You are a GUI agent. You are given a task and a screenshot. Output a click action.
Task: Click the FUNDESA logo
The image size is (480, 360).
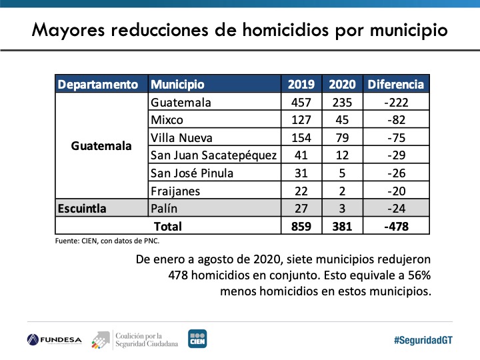pyautogui.click(x=55, y=339)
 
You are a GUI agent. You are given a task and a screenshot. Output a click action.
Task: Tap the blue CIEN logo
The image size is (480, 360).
pyautogui.click(x=197, y=339)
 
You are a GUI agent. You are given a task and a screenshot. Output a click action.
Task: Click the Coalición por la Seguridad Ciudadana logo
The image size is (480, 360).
pyautogui.click(x=136, y=339)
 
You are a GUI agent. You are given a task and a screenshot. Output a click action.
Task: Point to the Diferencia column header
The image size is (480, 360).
pyautogui.click(x=395, y=85)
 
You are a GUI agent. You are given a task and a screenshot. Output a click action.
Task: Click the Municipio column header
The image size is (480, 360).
pyautogui.click(x=177, y=85)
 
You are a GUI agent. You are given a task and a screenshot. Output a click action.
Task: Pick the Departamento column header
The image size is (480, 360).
pyautogui.click(x=98, y=85)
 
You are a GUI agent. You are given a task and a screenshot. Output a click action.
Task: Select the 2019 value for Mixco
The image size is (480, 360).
pyautogui.click(x=301, y=121)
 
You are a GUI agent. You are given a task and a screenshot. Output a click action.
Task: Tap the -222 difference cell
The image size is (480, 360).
pyautogui.click(x=395, y=103)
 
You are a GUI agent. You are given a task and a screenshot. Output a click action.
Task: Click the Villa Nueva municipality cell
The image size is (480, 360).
pyautogui.click(x=181, y=138)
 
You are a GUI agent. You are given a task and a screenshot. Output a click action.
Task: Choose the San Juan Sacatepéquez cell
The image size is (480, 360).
pyautogui.click(x=213, y=155)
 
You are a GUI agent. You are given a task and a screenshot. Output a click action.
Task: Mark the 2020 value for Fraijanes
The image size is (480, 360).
pyautogui.click(x=343, y=191)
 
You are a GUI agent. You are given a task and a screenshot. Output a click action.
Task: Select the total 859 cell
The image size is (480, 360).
pyautogui.click(x=301, y=226)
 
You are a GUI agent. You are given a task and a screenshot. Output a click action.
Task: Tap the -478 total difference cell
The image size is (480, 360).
pyautogui.click(x=395, y=226)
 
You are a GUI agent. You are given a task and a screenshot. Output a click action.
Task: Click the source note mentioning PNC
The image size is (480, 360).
pyautogui.click(x=107, y=241)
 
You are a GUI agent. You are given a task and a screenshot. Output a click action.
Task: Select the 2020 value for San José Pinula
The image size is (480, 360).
pyautogui.click(x=343, y=173)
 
